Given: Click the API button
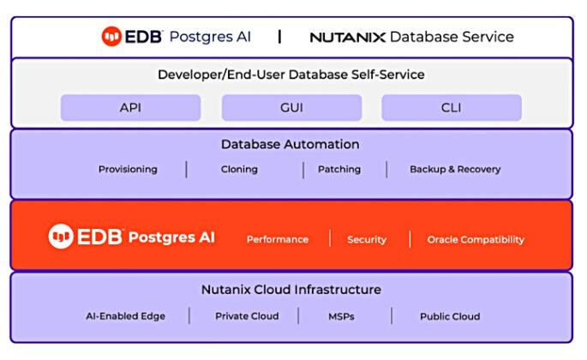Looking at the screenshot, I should [x=130, y=108].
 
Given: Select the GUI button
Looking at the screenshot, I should [x=291, y=108].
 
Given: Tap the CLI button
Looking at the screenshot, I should [x=452, y=108].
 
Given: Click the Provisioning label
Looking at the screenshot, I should [x=128, y=170].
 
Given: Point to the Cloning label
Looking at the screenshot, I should [x=239, y=170].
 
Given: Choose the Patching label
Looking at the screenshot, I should [x=339, y=170].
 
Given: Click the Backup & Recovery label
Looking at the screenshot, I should [x=455, y=170].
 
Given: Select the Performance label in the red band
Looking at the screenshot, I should [x=278, y=240].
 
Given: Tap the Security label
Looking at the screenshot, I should [x=367, y=240].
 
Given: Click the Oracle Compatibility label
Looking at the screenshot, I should [x=476, y=240].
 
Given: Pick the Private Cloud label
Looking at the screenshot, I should [x=247, y=316].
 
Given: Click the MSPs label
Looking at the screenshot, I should [x=341, y=316].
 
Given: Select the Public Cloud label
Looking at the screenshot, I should [x=450, y=316].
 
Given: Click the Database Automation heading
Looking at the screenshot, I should [x=291, y=145].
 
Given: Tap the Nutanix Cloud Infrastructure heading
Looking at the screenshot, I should [x=291, y=290].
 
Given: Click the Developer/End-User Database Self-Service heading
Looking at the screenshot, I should [x=291, y=75].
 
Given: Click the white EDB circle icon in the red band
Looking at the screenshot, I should [x=61, y=237].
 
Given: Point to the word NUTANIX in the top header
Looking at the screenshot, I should [x=347, y=38].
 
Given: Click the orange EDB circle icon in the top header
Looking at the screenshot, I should [x=111, y=37].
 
